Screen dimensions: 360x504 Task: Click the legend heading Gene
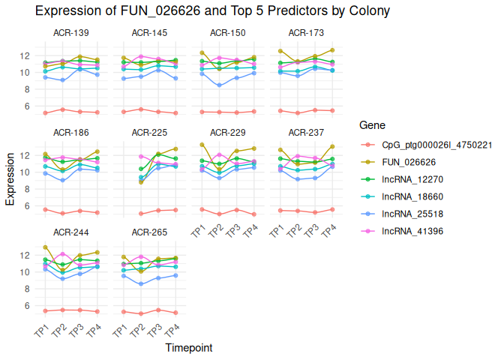373,124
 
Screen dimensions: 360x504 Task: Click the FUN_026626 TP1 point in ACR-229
202,144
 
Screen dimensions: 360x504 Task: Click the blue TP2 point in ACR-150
219,85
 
